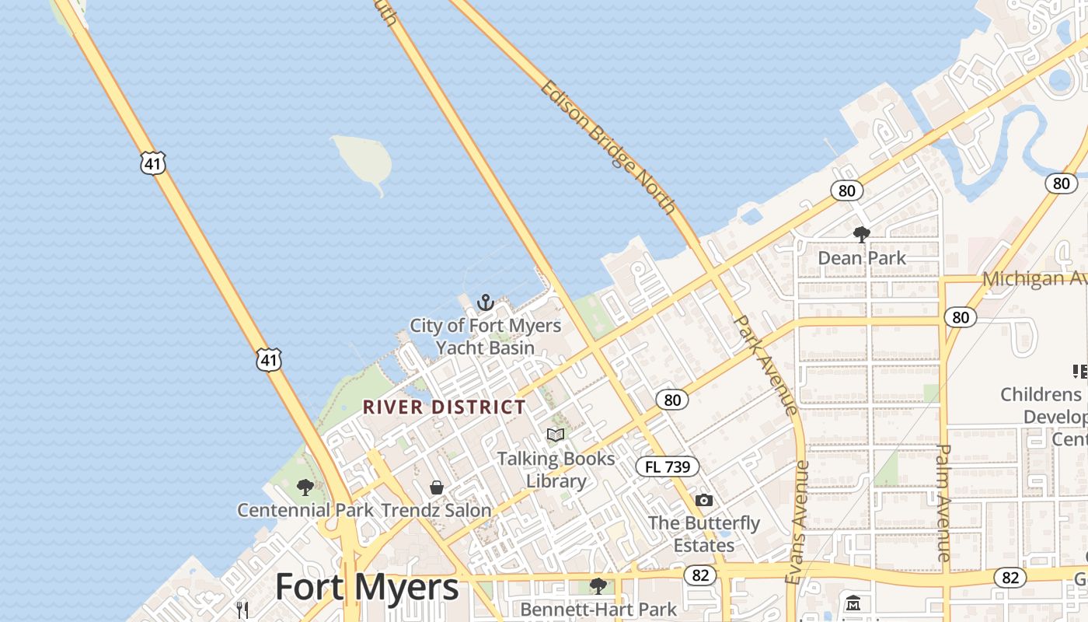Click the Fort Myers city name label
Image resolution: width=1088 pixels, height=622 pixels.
tap(367, 587)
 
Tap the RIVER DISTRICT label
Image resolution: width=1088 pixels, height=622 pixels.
tap(444, 407)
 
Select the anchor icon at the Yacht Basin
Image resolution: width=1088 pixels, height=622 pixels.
tap(486, 302)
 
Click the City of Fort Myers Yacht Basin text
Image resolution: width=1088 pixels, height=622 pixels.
tap(486, 336)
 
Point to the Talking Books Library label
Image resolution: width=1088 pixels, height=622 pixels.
tap(556, 470)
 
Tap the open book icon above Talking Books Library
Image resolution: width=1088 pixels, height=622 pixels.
tap(556, 435)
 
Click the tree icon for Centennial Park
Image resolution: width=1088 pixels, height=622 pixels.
tap(305, 487)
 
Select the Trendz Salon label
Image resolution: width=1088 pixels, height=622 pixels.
tap(436, 511)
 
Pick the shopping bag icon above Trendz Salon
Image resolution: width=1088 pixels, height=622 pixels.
tap(437, 487)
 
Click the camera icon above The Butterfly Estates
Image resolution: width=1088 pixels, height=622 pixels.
tap(704, 500)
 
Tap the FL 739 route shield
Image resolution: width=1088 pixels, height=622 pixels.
tap(668, 466)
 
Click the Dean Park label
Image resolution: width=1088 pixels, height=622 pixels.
tap(862, 257)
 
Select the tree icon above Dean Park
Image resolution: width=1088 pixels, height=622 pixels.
tap(861, 234)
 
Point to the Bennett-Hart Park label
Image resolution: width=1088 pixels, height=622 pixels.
tap(598, 609)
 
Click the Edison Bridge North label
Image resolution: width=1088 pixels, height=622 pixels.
tap(608, 147)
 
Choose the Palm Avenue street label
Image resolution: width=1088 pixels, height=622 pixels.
tap(944, 502)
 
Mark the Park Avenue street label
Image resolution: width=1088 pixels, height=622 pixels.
tap(765, 364)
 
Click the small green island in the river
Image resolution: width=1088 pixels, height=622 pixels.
tap(363, 159)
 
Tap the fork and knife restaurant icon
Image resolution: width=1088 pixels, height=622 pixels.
tap(242, 609)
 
